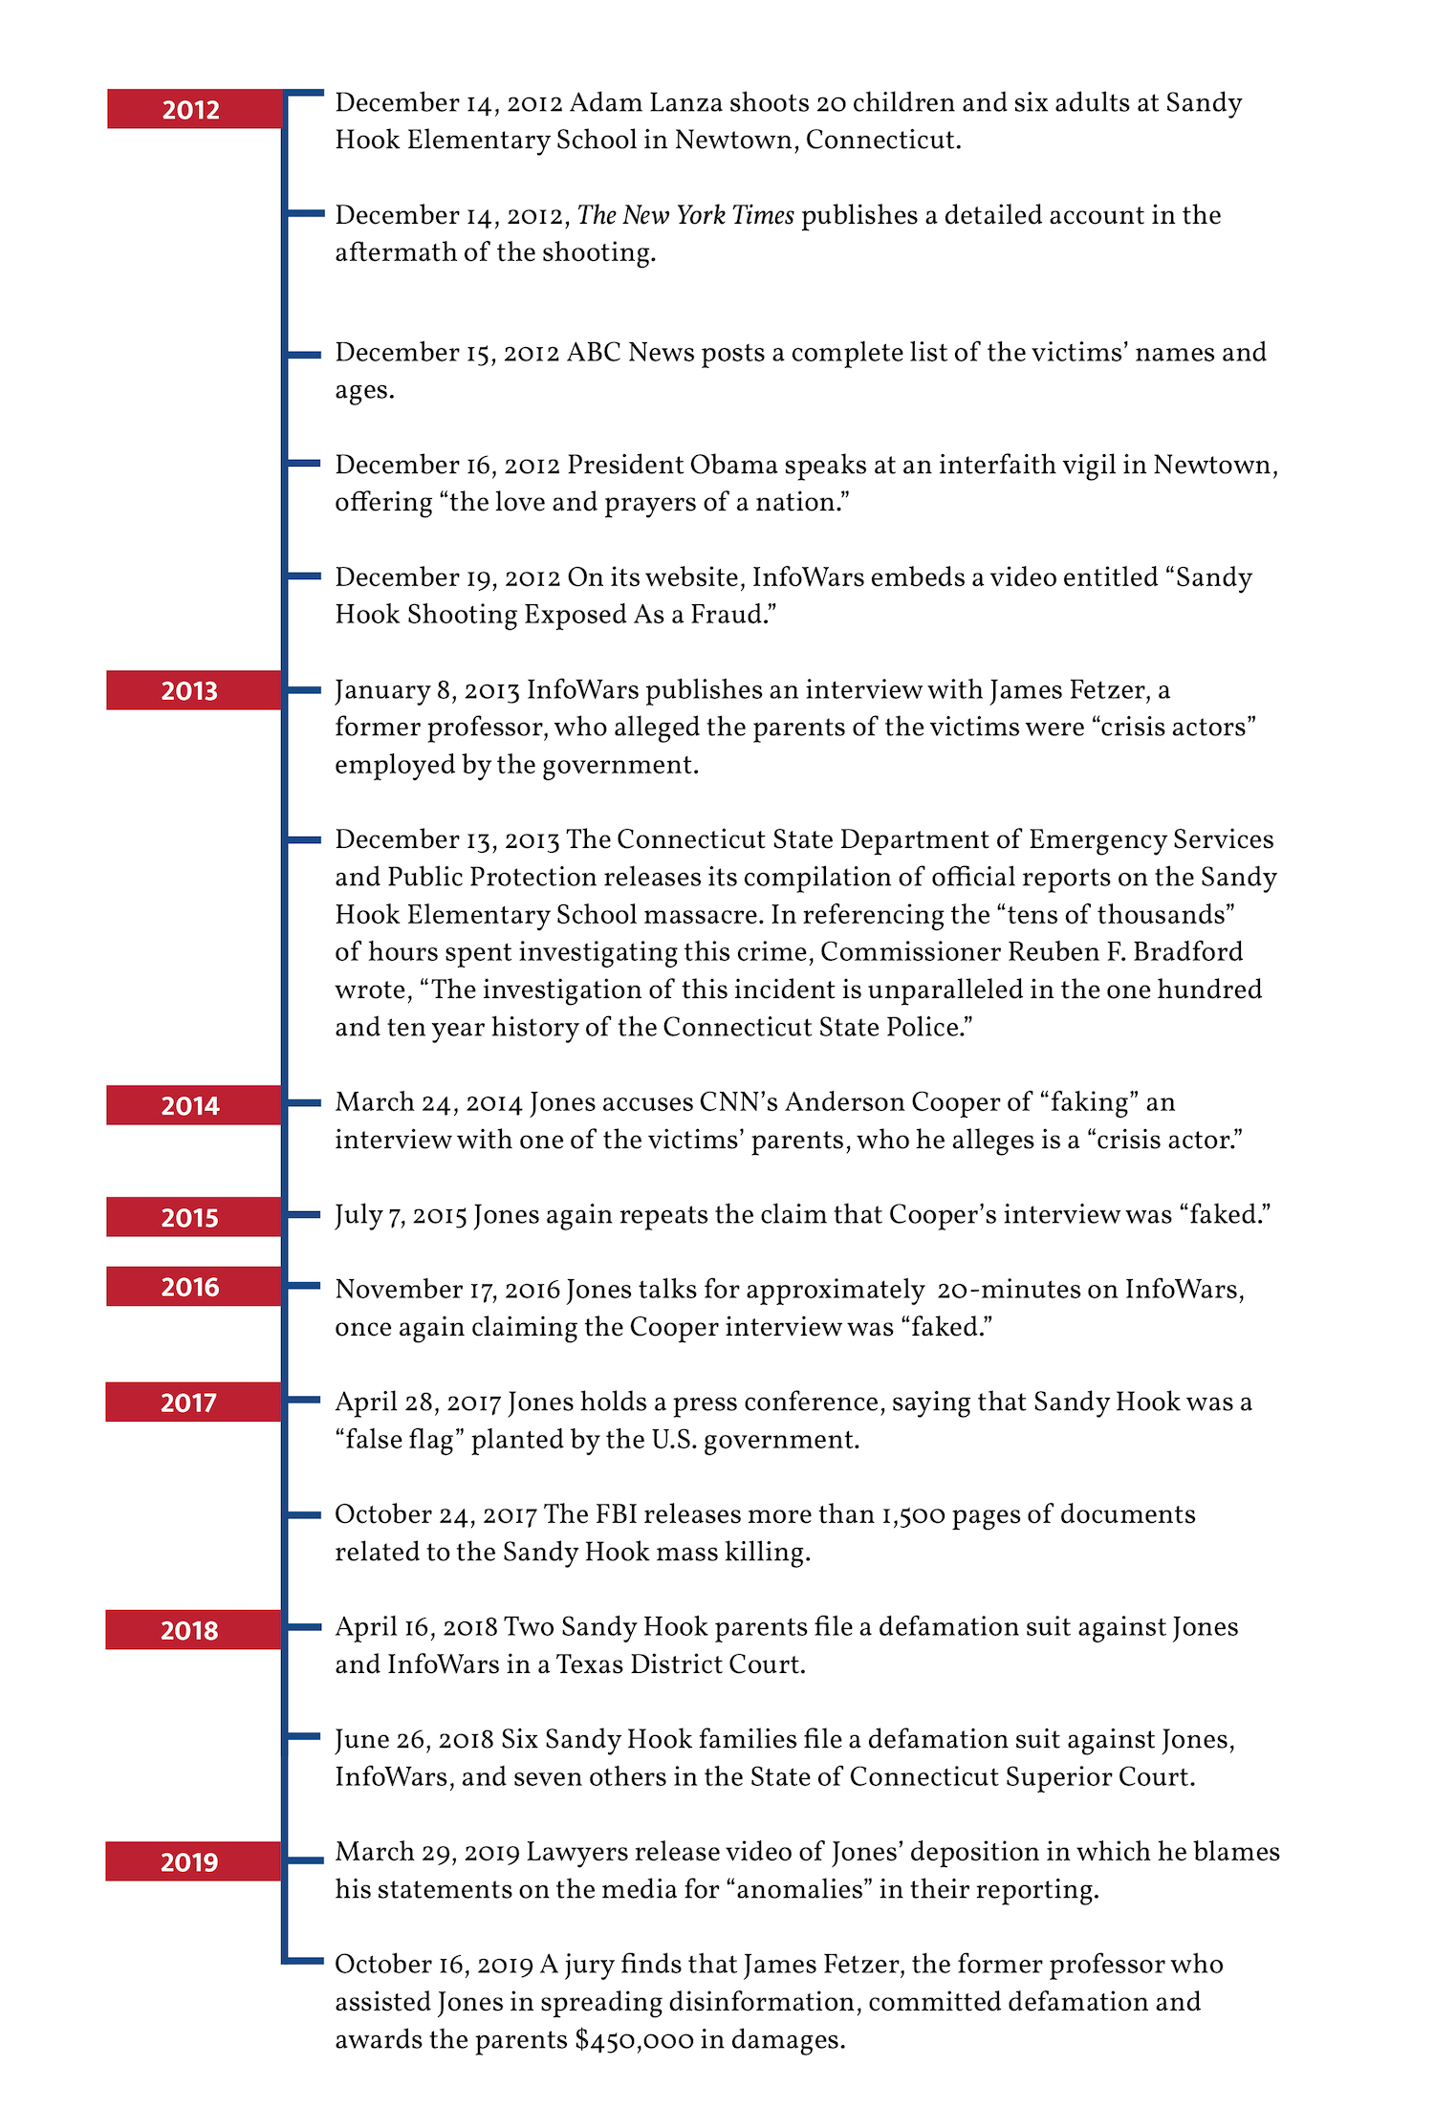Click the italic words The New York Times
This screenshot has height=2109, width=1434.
point(685,215)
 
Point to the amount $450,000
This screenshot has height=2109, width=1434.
point(634,2039)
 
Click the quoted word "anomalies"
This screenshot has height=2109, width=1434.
point(800,1890)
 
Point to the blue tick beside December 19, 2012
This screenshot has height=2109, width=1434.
point(304,576)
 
